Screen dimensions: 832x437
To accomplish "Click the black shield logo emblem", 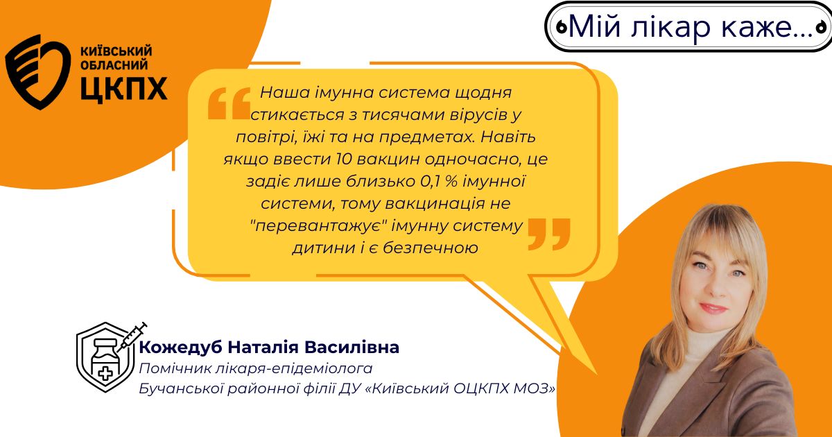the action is [x=38, y=72].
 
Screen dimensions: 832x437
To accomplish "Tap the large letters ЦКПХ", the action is [x=124, y=89].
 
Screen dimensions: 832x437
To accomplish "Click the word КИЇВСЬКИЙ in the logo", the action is [x=116, y=51].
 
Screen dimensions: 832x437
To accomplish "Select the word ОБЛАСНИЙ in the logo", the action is [x=114, y=65].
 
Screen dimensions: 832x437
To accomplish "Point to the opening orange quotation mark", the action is [x=229, y=103].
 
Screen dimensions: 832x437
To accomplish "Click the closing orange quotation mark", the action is [x=549, y=234].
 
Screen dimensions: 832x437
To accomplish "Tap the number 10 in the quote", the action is [x=343, y=159].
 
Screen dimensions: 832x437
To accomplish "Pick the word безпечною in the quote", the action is [x=431, y=248].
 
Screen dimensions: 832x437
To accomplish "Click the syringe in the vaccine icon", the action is [x=132, y=337].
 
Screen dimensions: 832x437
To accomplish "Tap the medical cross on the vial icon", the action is [x=105, y=372].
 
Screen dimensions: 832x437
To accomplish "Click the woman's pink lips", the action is [x=713, y=308].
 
